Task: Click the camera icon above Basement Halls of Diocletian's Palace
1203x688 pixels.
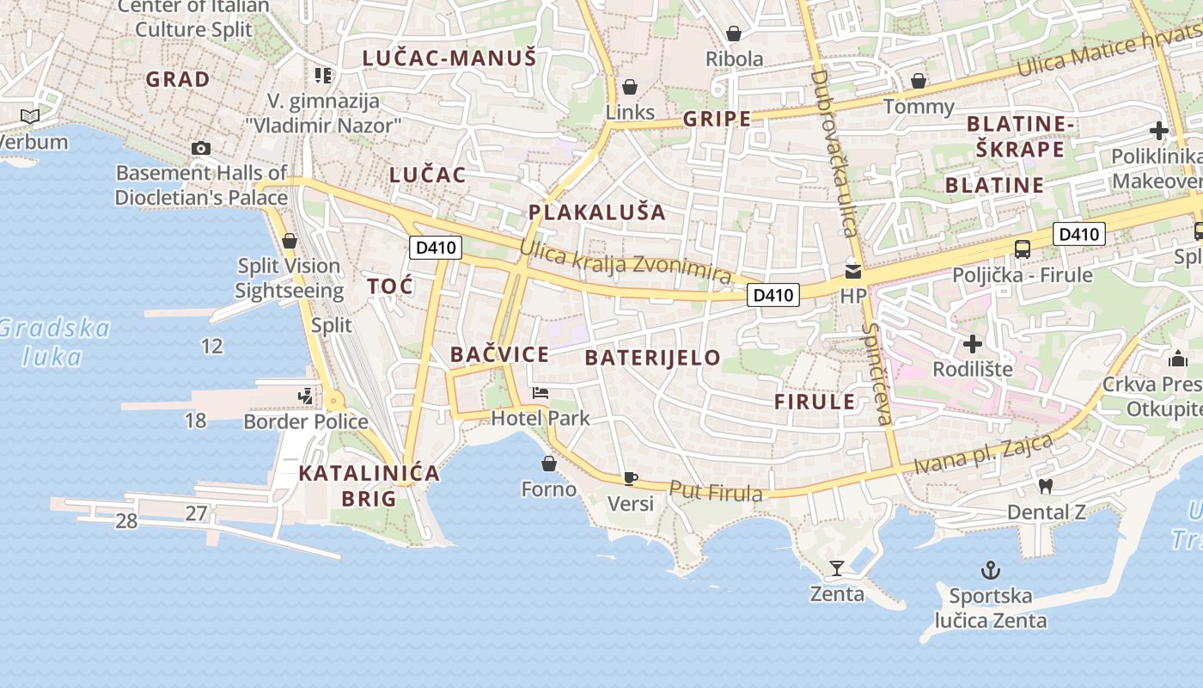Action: pyautogui.click(x=201, y=148)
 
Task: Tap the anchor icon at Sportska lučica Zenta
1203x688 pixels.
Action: pyautogui.click(x=991, y=569)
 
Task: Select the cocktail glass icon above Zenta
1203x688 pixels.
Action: pyautogui.click(x=836, y=568)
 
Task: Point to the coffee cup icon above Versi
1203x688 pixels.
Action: pyautogui.click(x=630, y=478)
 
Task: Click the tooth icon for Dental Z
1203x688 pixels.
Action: pyautogui.click(x=1046, y=486)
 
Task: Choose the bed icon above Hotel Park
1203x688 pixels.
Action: pyautogui.click(x=540, y=393)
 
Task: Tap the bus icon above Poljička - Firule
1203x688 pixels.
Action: pyautogui.click(x=1022, y=249)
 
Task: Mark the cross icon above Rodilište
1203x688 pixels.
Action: pyautogui.click(x=973, y=344)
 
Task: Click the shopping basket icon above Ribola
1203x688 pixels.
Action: pyautogui.click(x=734, y=34)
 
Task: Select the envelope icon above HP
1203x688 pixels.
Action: pyautogui.click(x=853, y=272)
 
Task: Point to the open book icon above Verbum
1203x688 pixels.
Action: pyautogui.click(x=30, y=116)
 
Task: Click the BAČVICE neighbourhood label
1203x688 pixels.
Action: pyautogui.click(x=499, y=354)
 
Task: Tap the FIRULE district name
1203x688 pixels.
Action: pyautogui.click(x=815, y=402)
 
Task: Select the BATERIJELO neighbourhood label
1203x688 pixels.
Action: pyautogui.click(x=653, y=358)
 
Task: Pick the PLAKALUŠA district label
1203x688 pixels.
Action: pyautogui.click(x=597, y=212)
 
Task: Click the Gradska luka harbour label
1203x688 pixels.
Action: pyautogui.click(x=54, y=341)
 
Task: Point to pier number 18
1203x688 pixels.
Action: pyautogui.click(x=196, y=420)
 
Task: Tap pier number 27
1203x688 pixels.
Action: pyautogui.click(x=196, y=513)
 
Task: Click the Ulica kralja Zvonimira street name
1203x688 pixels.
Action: pyautogui.click(x=626, y=261)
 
